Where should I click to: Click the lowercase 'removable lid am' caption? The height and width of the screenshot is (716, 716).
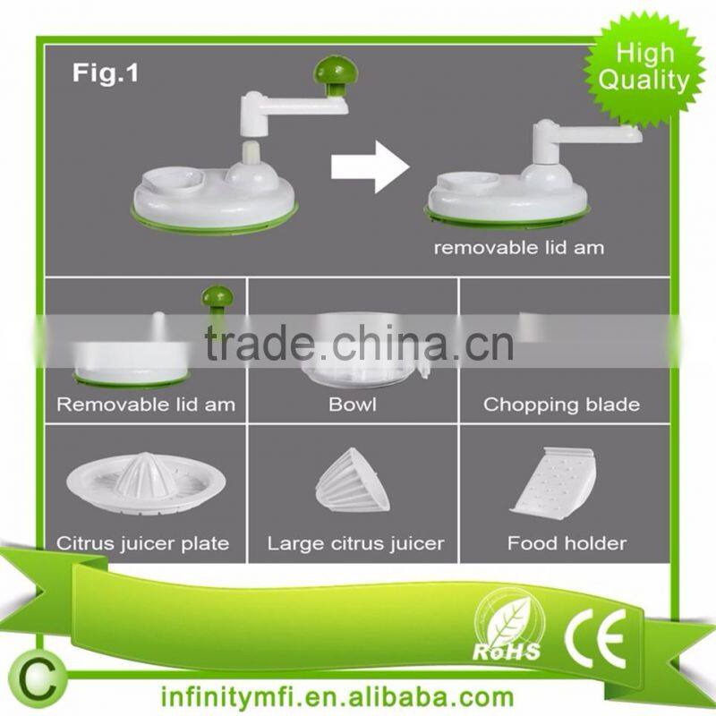(519, 248)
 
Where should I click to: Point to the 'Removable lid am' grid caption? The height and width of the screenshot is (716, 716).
(146, 405)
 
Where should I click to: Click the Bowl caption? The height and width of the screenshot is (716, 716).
(353, 405)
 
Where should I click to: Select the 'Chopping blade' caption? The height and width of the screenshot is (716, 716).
(561, 405)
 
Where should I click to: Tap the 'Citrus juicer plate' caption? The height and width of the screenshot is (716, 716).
(143, 542)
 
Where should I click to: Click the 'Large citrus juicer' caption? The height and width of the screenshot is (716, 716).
(355, 542)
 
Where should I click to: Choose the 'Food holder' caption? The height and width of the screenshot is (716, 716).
(567, 542)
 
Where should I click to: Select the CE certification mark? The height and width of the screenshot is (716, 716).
(594, 635)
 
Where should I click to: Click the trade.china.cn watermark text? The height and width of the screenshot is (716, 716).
(358, 344)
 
